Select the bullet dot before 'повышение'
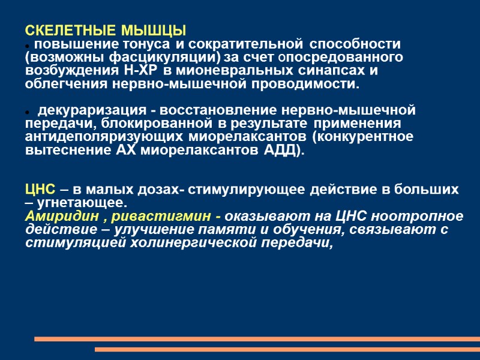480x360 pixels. tap(28, 46)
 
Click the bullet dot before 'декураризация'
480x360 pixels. tap(28, 112)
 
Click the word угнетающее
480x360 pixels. tap(82, 202)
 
